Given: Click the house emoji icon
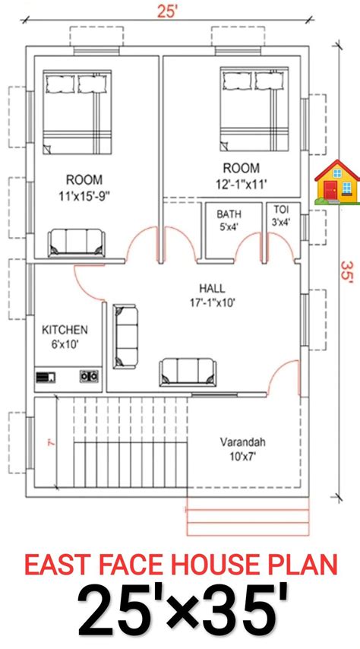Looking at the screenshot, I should click(x=337, y=182).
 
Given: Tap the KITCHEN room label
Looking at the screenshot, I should click(x=65, y=337).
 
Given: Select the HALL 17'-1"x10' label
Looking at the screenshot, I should click(x=211, y=295).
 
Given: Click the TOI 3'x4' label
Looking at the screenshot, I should click(x=281, y=217).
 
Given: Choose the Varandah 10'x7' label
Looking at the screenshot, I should click(x=242, y=448).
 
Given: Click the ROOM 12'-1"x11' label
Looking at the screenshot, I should click(x=240, y=175).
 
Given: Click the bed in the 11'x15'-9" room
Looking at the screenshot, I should click(x=77, y=110).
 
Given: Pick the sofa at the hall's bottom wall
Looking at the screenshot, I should click(x=188, y=372).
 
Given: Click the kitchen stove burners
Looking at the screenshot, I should click(x=89, y=375).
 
